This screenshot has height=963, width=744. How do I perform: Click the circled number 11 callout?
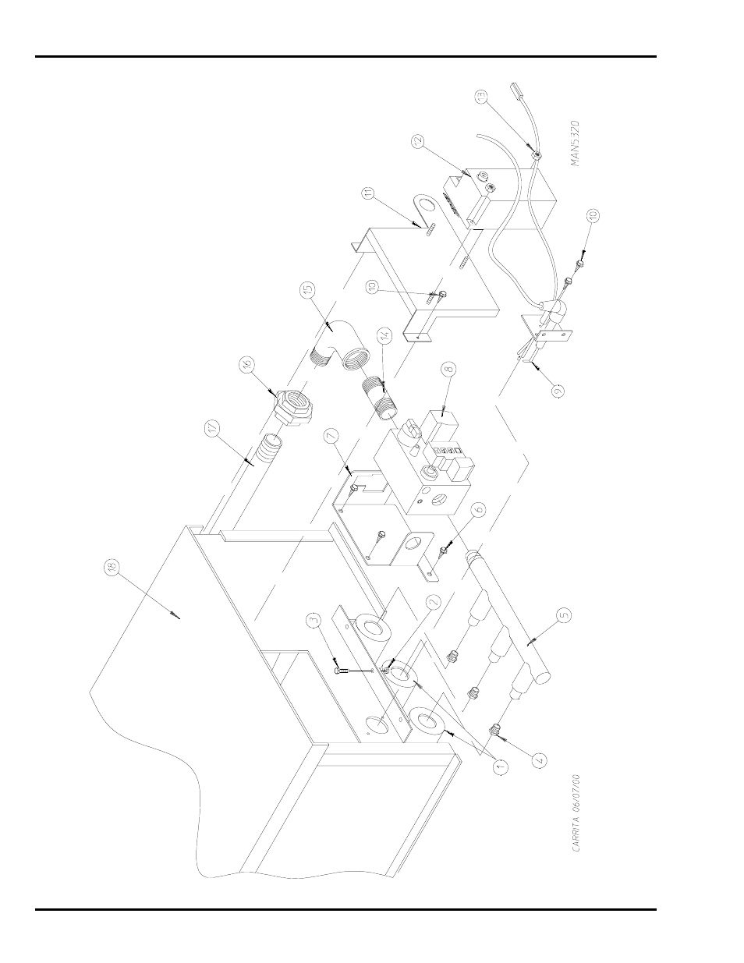(370, 192)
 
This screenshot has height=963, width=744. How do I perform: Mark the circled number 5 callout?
(564, 613)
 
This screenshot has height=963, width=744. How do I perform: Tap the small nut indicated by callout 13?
(537, 154)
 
